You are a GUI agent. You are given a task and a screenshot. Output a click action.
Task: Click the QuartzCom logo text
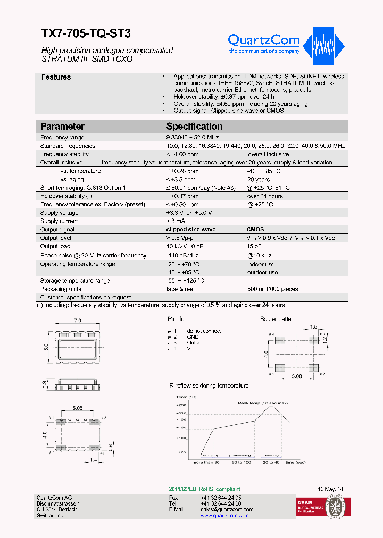(263, 40)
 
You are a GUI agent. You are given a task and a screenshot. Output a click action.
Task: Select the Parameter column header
(62, 127)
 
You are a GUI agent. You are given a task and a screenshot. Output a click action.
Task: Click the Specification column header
(194, 127)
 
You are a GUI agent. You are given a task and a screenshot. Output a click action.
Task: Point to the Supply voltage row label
(60, 213)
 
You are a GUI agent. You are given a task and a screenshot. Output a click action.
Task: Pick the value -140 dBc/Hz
(184, 256)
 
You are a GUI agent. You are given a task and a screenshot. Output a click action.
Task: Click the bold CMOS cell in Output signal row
(255, 230)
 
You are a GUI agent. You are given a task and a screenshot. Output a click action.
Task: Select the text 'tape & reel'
(180, 289)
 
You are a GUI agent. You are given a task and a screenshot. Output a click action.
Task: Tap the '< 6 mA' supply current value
(176, 221)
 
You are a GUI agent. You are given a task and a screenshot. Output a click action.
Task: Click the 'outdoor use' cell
(262, 272)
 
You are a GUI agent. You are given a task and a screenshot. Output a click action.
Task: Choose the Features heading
(56, 77)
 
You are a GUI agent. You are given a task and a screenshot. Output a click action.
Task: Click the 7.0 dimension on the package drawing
(78, 321)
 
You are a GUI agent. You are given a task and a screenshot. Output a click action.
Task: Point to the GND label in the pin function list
(193, 337)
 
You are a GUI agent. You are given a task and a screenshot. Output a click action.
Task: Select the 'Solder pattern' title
(278, 319)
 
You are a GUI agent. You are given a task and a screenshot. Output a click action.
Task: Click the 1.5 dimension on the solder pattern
(314, 326)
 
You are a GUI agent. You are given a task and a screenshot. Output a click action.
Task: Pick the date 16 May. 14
(330, 489)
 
